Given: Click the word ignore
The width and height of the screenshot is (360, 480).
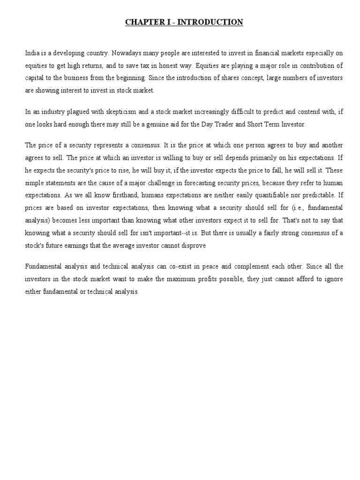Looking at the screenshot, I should click(x=334, y=278).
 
